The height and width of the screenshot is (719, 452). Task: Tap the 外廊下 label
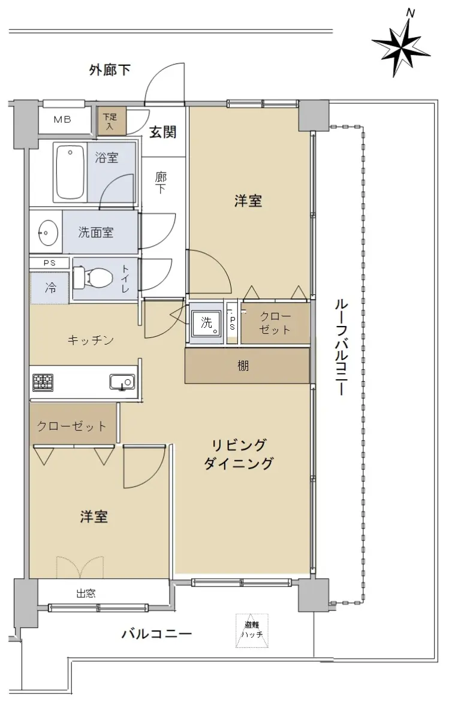[110, 70]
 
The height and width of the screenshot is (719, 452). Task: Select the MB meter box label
[62, 120]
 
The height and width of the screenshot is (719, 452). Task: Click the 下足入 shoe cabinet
[112, 120]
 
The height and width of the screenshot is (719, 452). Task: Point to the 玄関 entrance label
[163, 132]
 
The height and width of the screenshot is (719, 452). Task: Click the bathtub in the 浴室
[70, 173]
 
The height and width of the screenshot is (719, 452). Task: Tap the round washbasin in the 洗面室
[48, 232]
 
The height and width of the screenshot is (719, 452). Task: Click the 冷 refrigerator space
[50, 288]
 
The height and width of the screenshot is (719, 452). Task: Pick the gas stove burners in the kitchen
[43, 383]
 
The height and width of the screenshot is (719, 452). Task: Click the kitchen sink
[122, 382]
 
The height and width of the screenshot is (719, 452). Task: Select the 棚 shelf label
[243, 366]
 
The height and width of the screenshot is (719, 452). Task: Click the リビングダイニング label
[239, 454]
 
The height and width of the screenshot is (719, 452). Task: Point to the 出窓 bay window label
[86, 594]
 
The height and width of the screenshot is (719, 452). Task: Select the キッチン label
[91, 340]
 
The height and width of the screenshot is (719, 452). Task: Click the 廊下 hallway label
[161, 183]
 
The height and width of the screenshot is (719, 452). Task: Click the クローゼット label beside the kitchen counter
[71, 426]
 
